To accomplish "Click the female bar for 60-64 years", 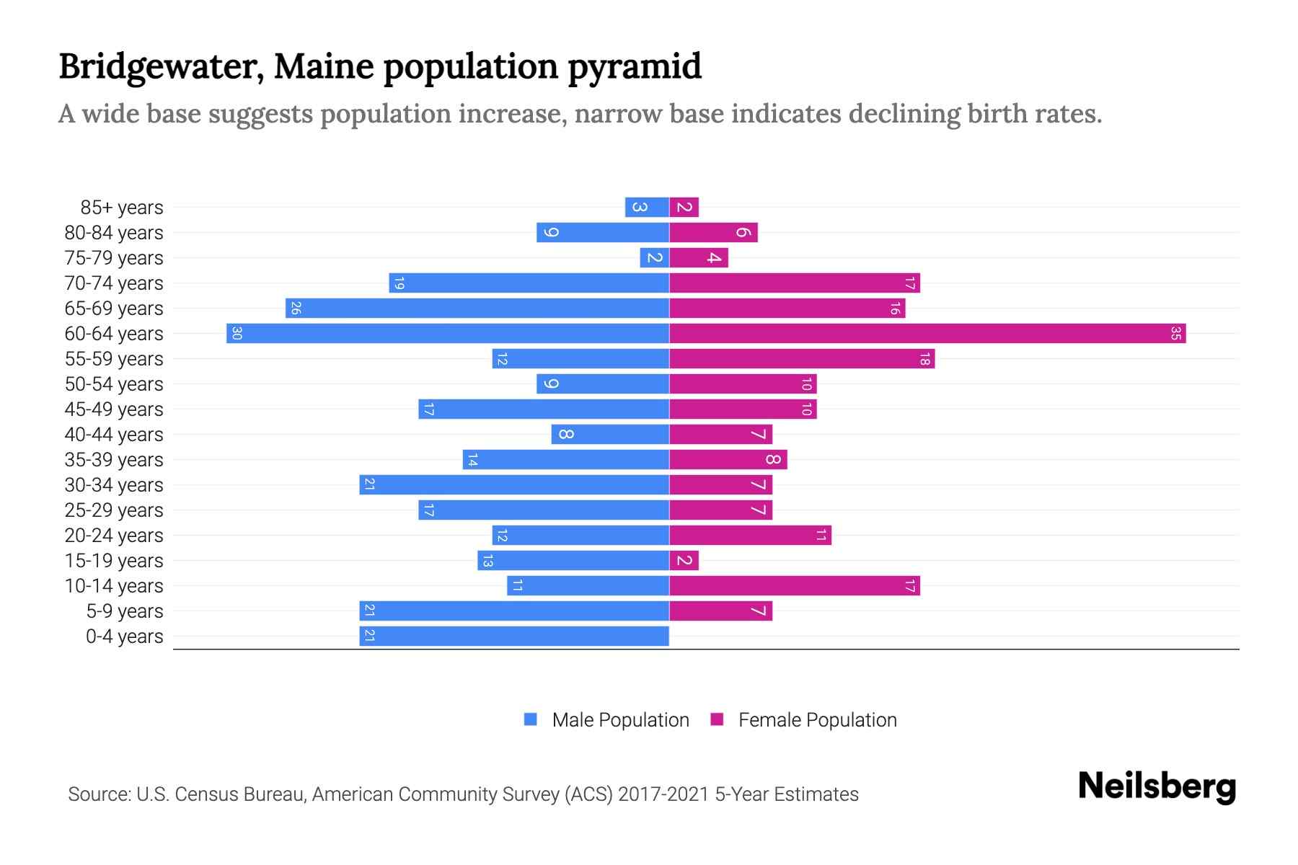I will pyautogui.click(x=927, y=334).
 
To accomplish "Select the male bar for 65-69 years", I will pyautogui.click(x=477, y=309).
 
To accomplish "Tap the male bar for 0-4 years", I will pyautogui.click(x=513, y=636).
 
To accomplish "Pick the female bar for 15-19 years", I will pyautogui.click(x=684, y=561).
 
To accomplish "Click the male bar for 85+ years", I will pyautogui.click(x=647, y=208).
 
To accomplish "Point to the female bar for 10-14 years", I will pyautogui.click(x=794, y=586).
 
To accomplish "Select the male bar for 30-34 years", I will pyautogui.click(x=513, y=485).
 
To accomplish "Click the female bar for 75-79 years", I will pyautogui.click(x=698, y=258).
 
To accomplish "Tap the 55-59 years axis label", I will pyautogui.click(x=114, y=359).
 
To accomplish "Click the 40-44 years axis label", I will pyautogui.click(x=114, y=435).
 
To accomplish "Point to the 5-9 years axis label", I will pyautogui.click(x=124, y=611).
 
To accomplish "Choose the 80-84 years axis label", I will pyautogui.click(x=114, y=233).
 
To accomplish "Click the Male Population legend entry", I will pyautogui.click(x=620, y=720).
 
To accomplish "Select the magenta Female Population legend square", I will pyautogui.click(x=717, y=719).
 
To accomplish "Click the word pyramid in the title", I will pyautogui.click(x=634, y=67).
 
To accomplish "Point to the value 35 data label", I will pyautogui.click(x=1175, y=334).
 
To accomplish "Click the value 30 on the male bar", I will pyautogui.click(x=237, y=334).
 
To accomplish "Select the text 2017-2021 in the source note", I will pyautogui.click(x=663, y=794).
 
